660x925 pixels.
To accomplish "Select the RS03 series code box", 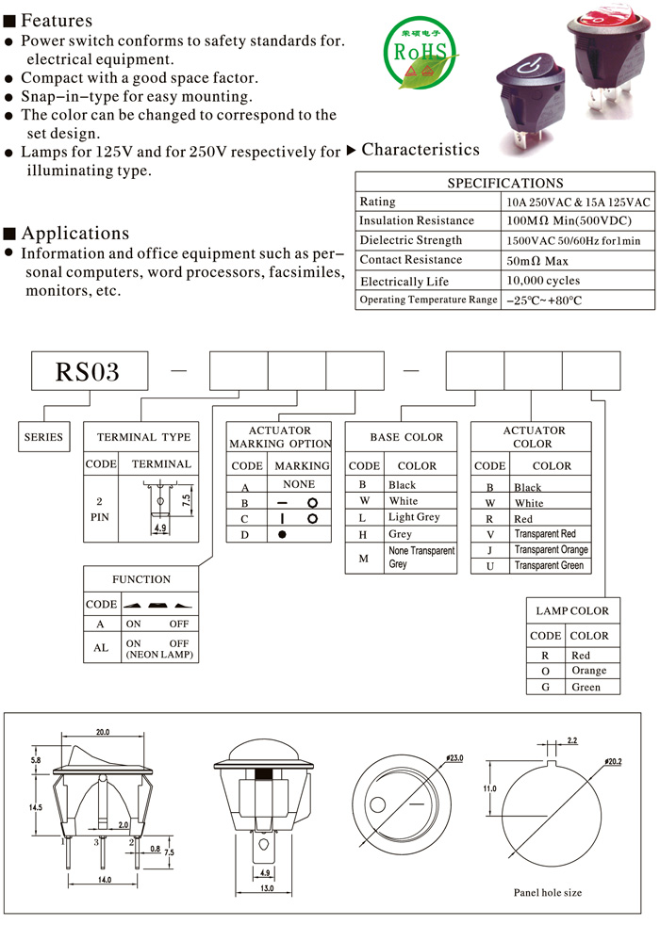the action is tap(90, 371).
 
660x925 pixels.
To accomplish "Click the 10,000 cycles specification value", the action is tap(543, 280).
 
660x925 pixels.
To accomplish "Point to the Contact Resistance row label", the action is tap(411, 260).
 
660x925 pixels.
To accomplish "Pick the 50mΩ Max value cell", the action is tap(537, 261).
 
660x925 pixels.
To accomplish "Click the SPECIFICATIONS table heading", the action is tap(505, 183).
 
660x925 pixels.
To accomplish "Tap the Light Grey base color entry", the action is tap(414, 517).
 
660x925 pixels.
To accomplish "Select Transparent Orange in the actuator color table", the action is tap(552, 549).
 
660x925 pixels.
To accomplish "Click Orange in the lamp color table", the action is tap(588, 671).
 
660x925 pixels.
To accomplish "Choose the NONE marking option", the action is tap(299, 484).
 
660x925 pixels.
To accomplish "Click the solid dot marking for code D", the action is tap(282, 534).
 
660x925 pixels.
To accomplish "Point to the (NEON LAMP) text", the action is tap(159, 655).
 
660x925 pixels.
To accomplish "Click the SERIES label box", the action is tap(43, 436).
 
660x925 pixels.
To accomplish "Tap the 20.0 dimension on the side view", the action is tap(103, 732).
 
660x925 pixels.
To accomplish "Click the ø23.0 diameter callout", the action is tap(454, 757).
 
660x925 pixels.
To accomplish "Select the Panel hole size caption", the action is tap(547, 893).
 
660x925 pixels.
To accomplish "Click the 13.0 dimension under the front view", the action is tap(267, 888).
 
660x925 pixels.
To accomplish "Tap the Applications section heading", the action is tap(75, 234).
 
